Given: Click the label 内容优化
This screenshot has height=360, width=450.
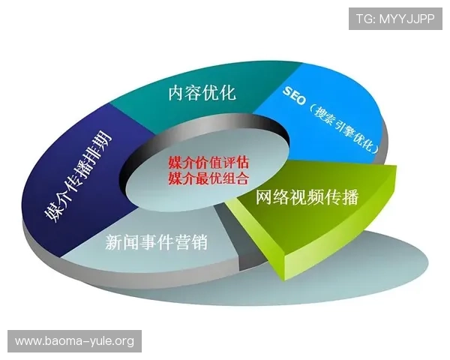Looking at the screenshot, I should coord(202,93).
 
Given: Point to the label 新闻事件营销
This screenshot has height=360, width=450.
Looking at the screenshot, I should coord(156,243).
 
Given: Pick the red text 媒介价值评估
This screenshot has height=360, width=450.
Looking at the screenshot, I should coord(208,163).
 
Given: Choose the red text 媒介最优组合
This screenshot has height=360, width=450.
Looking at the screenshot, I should coord(208,178).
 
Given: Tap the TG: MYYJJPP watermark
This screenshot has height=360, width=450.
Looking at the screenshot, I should coord(395,18).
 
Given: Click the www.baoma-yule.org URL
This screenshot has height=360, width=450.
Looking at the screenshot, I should coord(74,341).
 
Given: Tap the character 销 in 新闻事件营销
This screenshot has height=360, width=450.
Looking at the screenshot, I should coord(199,243).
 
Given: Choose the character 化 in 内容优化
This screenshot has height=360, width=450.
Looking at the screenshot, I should coord(227,93).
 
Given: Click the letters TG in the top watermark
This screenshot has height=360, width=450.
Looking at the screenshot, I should coord(364,18).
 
